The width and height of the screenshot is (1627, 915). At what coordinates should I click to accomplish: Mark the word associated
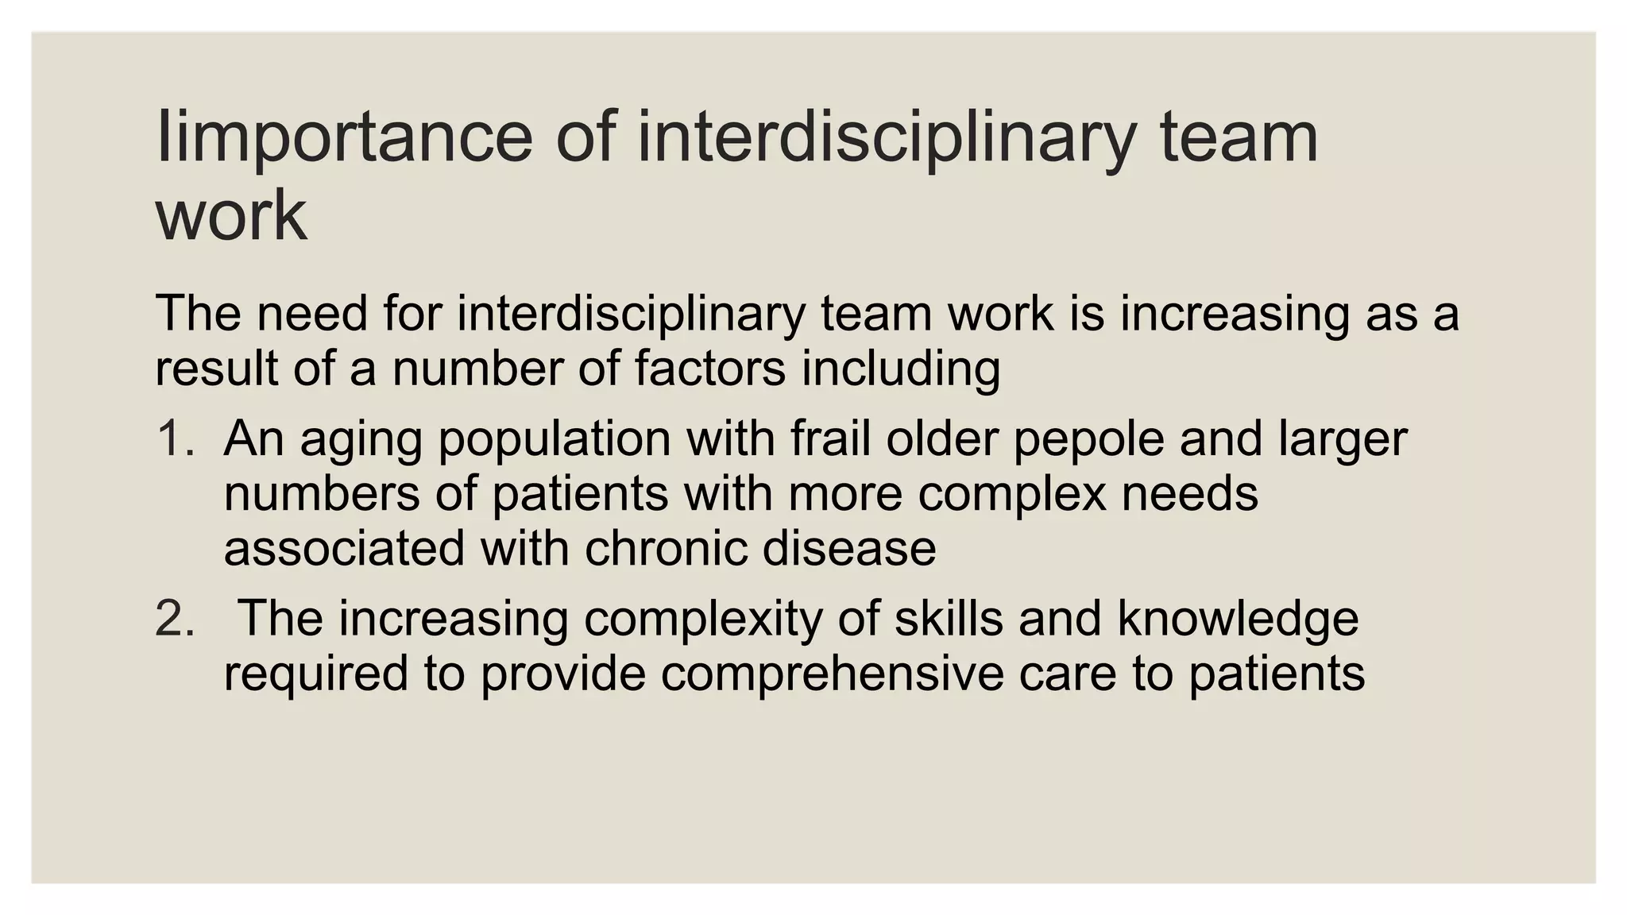pyautogui.click(x=344, y=548)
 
